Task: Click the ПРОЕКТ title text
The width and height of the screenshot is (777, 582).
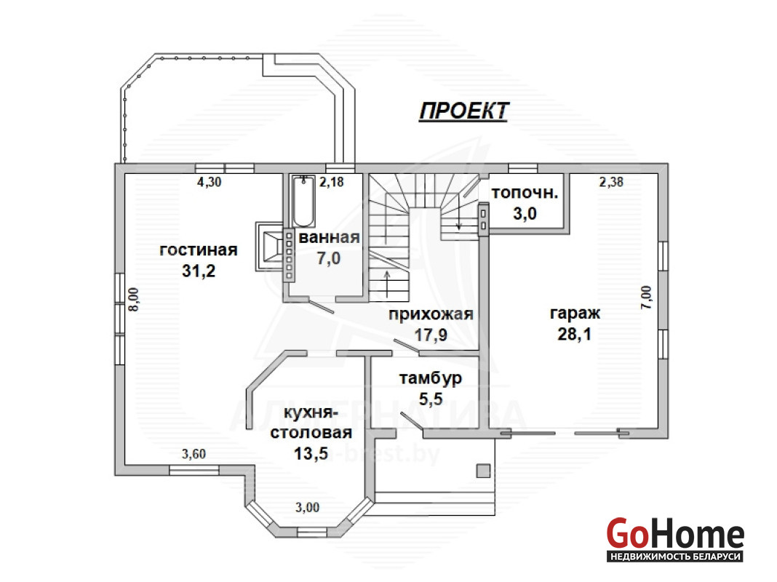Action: click(x=464, y=111)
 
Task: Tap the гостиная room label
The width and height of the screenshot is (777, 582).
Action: click(x=198, y=250)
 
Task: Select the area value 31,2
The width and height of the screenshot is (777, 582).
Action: click(x=198, y=271)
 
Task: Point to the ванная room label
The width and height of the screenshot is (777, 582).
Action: click(x=329, y=238)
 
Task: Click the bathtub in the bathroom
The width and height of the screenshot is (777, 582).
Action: click(x=303, y=202)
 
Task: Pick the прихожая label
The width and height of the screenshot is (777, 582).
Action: click(x=431, y=314)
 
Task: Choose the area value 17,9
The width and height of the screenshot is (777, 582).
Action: click(x=431, y=335)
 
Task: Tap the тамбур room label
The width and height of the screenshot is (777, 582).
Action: click(x=430, y=378)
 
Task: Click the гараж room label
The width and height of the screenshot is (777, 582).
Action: click(x=575, y=314)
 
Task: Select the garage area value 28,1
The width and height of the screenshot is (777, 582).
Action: click(x=574, y=335)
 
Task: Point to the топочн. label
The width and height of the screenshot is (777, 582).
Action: click(x=525, y=194)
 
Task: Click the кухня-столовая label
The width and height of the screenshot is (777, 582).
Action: click(x=311, y=423)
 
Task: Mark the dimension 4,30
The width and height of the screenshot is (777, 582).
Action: click(x=209, y=182)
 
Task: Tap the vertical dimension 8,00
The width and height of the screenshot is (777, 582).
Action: click(x=134, y=299)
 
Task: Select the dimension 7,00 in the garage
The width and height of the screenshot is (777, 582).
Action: click(x=647, y=298)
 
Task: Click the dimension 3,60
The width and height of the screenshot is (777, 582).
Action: click(x=194, y=454)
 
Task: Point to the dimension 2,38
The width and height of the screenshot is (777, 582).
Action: click(x=611, y=182)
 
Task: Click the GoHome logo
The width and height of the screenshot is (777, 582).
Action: click(x=675, y=540)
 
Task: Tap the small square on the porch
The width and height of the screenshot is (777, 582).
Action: click(x=483, y=471)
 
